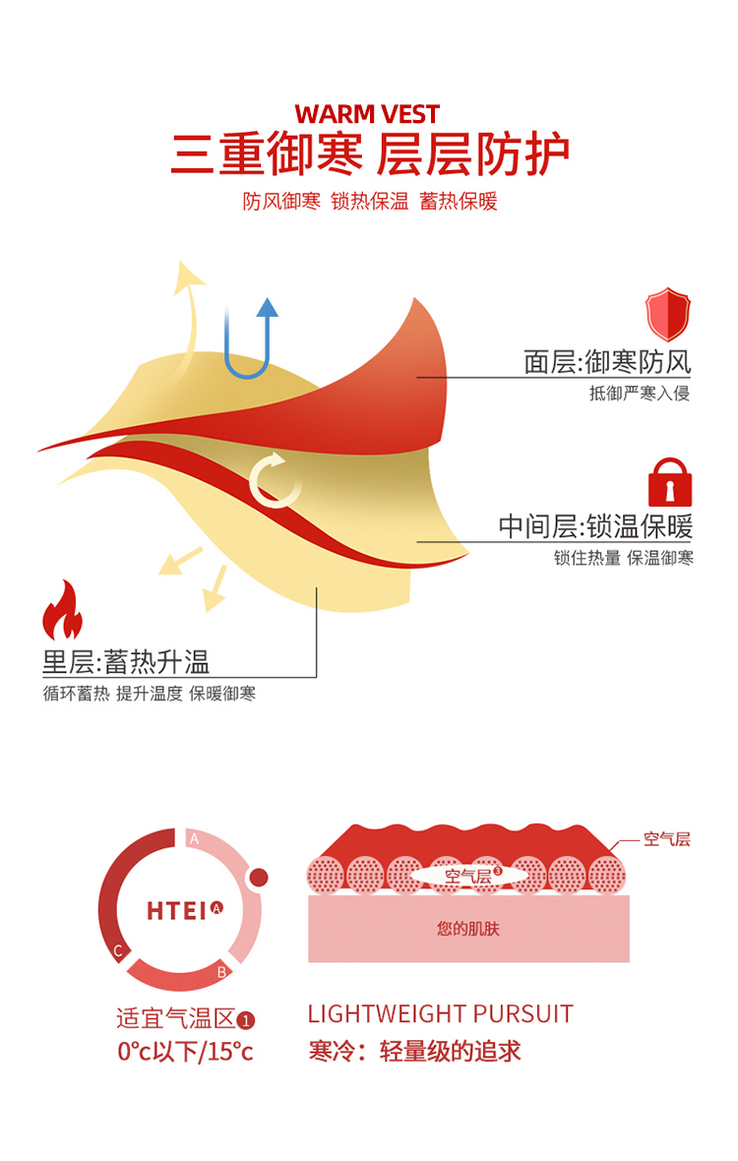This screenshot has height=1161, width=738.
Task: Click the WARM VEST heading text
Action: tap(367, 114)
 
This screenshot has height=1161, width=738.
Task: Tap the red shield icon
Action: tap(668, 314)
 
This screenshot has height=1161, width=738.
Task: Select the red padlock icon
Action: tap(669, 482)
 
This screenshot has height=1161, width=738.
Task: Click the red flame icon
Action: tap(62, 611)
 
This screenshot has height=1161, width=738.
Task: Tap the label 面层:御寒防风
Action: tap(607, 362)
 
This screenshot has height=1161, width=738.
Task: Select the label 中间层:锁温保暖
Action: tap(595, 526)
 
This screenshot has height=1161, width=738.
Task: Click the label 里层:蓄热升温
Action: tap(126, 661)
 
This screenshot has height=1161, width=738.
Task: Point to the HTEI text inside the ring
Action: tap(178, 910)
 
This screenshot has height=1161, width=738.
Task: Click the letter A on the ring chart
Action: tap(194, 839)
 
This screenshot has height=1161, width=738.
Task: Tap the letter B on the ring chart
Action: tap(222, 972)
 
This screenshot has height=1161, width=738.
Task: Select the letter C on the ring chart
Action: tap(118, 950)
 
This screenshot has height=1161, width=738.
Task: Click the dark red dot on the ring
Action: tap(259, 877)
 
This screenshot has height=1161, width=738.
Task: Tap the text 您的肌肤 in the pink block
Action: tap(468, 928)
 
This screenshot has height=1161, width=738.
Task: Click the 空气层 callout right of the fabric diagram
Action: tap(666, 839)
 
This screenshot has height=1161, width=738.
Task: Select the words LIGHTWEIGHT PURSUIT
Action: tap(440, 1014)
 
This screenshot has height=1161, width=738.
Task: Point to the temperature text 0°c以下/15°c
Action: tap(185, 1051)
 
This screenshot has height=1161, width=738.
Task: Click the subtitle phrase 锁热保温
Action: tap(370, 202)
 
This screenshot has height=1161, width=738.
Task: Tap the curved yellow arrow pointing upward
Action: tap(187, 295)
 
